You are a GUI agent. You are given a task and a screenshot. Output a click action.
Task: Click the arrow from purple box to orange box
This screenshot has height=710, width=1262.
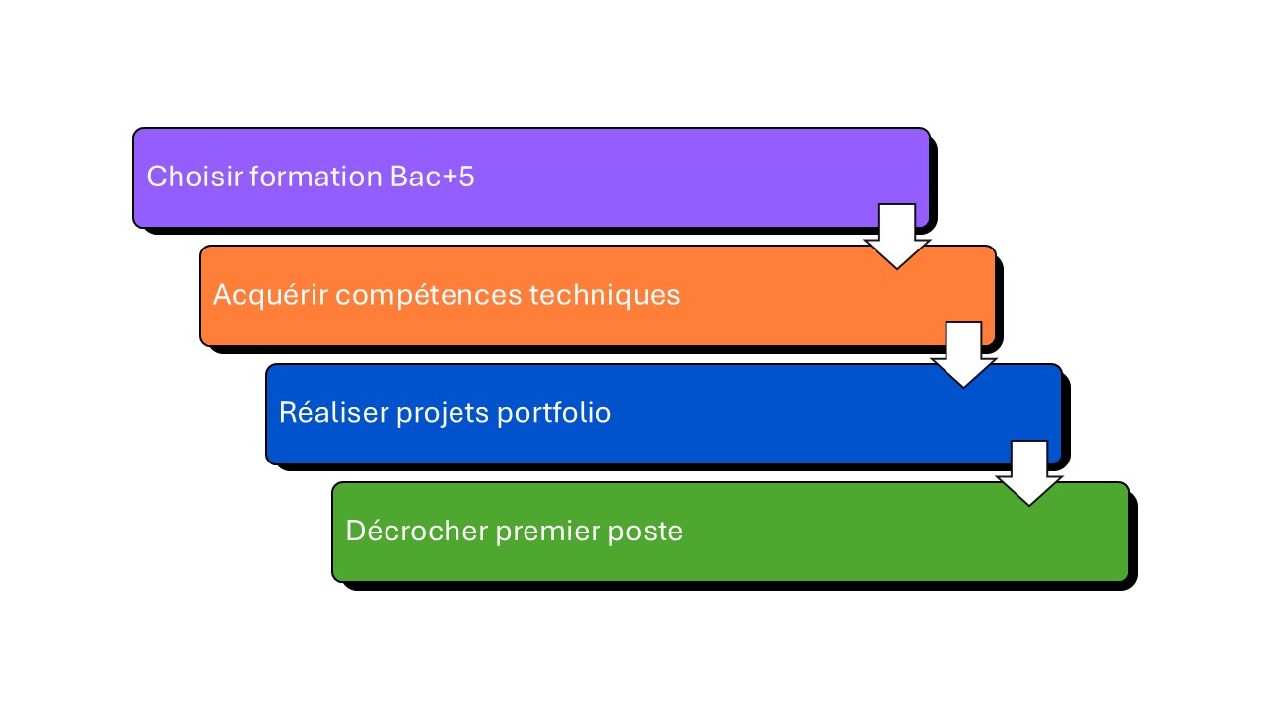(x=897, y=237)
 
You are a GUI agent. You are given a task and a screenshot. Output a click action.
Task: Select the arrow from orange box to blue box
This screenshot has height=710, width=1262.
(x=963, y=355)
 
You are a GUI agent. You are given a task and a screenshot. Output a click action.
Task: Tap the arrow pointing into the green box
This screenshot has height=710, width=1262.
(x=1029, y=473)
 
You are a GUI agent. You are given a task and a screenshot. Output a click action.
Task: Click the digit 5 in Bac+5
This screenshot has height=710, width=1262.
(x=466, y=177)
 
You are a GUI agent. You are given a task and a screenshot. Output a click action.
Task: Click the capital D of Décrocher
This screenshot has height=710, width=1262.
(x=354, y=532)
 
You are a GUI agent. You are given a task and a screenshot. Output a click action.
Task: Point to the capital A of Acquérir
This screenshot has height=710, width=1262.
(x=222, y=295)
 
